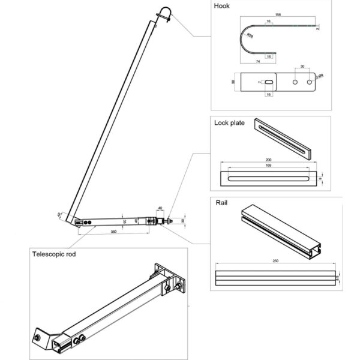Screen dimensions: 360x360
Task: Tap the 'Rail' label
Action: click(221, 203)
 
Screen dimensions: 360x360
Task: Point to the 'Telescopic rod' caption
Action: click(55, 254)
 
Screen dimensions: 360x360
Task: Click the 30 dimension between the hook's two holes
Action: click(302, 67)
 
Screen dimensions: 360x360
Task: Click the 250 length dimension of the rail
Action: click(275, 262)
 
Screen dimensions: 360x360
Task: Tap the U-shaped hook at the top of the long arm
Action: click(163, 14)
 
